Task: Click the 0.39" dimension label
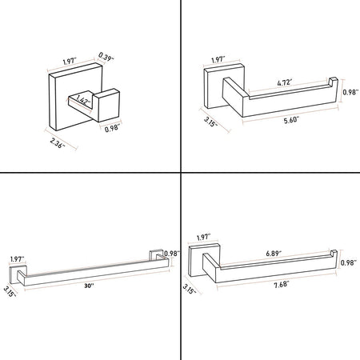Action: click(106, 57)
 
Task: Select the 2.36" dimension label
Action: click(58, 142)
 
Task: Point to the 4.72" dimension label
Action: click(283, 82)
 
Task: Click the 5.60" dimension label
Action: click(290, 120)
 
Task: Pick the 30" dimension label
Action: click(89, 286)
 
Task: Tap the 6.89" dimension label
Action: click(274, 254)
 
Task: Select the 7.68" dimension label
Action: click(282, 285)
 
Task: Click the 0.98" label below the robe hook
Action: click(112, 129)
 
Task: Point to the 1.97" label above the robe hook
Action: click(70, 62)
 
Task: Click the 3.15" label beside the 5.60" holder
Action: click(210, 122)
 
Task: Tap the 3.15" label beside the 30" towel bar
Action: click(10, 291)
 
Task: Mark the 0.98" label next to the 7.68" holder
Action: click(349, 263)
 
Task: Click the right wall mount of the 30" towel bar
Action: click(156, 254)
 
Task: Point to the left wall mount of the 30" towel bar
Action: click(18, 274)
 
